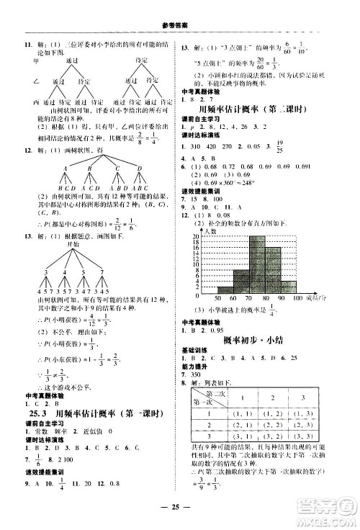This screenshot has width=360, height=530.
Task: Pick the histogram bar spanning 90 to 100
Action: [289, 285]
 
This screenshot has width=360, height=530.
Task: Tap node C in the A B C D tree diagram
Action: [116, 168]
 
